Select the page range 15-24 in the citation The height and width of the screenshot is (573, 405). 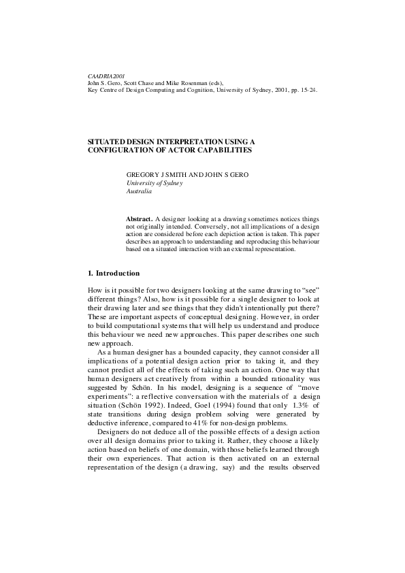(x=306, y=89)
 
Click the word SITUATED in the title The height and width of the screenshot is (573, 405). (x=109, y=141)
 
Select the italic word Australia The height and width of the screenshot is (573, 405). (x=139, y=191)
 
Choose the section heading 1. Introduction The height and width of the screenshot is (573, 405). (x=114, y=273)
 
